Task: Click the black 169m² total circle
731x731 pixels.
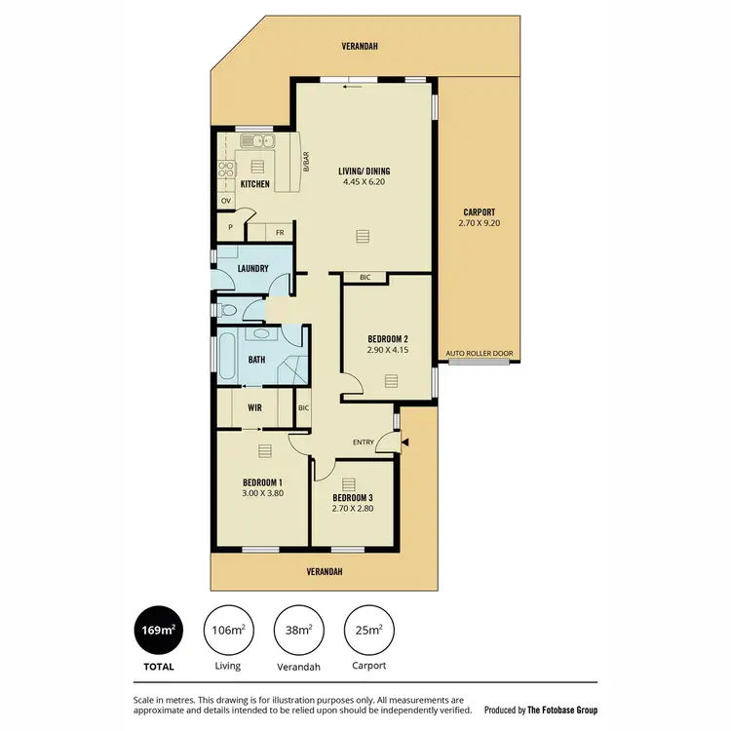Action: point(160,632)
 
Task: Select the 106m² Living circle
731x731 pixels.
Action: point(228,632)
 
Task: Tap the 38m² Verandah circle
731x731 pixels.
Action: point(299,632)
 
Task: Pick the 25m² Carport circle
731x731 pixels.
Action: point(369,632)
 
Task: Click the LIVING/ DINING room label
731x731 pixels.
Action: point(365,175)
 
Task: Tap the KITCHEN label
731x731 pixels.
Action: point(255,184)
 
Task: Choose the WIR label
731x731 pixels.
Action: point(254,407)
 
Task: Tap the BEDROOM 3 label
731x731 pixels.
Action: point(352,498)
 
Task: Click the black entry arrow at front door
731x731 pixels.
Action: point(405,442)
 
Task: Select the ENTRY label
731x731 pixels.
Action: point(364,442)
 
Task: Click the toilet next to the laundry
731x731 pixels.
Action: point(227,311)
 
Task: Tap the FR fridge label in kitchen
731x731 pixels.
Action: point(280,233)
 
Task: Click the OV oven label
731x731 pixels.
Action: point(225,202)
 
